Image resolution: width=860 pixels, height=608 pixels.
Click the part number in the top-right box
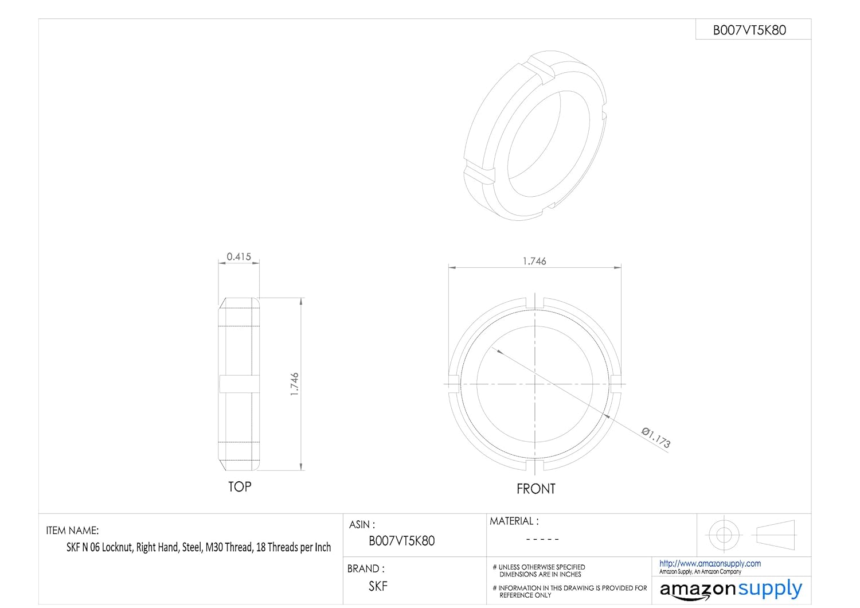click(749, 30)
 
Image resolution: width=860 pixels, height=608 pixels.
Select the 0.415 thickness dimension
click(239, 256)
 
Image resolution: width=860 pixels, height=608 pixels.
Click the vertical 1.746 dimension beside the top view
click(295, 384)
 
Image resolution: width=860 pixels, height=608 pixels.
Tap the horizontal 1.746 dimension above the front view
click(534, 261)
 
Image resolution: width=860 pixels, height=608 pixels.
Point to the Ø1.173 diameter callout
click(656, 438)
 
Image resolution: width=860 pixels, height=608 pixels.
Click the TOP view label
click(240, 487)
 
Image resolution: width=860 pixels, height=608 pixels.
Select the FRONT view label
click(536, 489)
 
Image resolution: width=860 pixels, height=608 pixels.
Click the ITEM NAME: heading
click(72, 531)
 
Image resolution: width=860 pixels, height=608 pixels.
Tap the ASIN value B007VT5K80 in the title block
click(401, 541)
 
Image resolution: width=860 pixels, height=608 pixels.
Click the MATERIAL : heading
click(514, 521)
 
